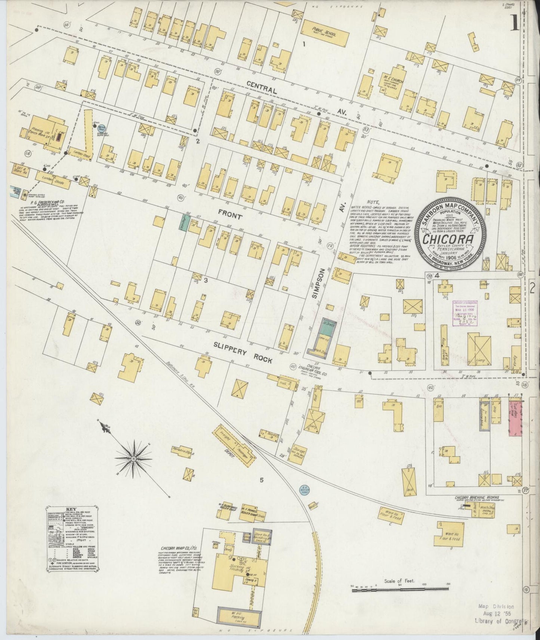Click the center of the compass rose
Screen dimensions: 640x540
tap(133, 458)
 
